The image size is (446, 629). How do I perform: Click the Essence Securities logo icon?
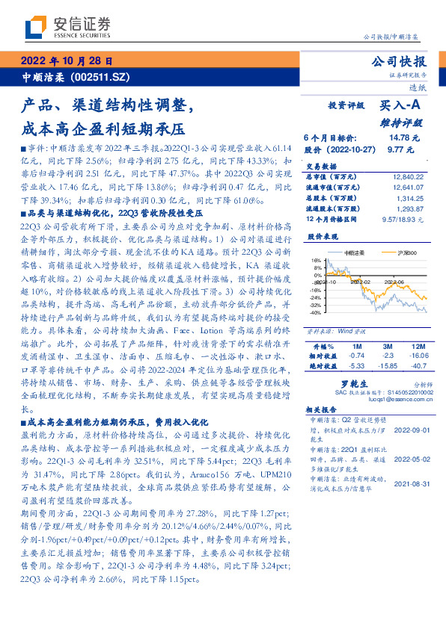34,28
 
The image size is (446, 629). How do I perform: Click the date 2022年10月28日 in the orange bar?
67,61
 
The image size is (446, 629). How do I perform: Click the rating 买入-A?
400,106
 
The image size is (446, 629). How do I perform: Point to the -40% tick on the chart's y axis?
317,312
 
